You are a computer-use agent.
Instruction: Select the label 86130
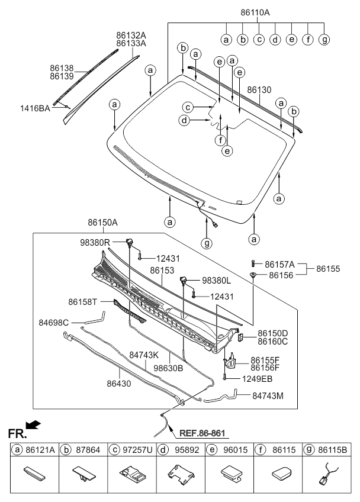(x=259, y=90)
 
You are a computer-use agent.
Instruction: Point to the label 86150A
(x=102, y=223)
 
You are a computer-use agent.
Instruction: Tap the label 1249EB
(x=257, y=378)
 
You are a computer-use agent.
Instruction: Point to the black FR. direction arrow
(x=34, y=424)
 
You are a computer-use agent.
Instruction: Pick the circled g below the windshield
(x=207, y=243)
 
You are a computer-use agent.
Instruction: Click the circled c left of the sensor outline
(x=188, y=107)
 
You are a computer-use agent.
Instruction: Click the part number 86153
(x=162, y=270)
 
